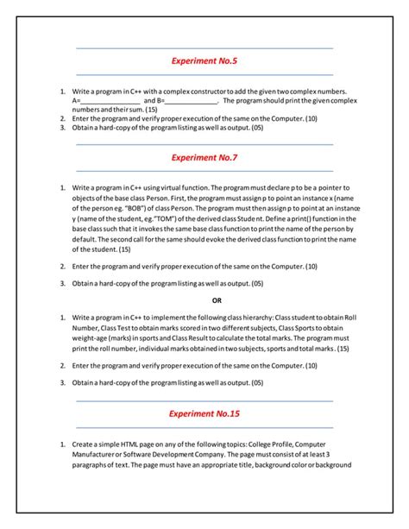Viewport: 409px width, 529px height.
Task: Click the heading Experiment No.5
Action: pos(204,61)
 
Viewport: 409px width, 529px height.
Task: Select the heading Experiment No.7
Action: pos(204,157)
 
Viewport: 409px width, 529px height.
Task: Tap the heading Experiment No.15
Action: pos(204,413)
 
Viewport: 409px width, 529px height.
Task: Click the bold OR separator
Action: pos(217,300)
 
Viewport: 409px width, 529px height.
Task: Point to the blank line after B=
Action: pos(192,101)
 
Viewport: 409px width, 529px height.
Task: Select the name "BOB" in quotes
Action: pos(133,208)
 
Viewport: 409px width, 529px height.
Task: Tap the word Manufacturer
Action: pos(99,454)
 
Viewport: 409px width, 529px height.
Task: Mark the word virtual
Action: pos(179,187)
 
